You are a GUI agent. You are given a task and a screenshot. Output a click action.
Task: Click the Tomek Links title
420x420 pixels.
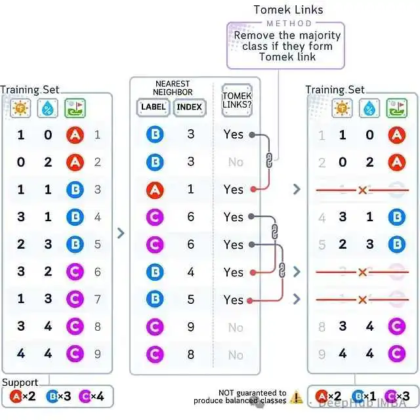pyautogui.click(x=289, y=9)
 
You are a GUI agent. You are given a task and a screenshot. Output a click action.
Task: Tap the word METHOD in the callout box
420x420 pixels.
pyautogui.click(x=287, y=24)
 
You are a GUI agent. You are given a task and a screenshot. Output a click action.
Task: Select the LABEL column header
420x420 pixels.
pyautogui.click(x=154, y=108)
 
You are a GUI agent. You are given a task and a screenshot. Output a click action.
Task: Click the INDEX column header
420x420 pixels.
pyautogui.click(x=190, y=108)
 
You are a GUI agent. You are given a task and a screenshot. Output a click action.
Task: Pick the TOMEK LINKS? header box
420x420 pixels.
pyautogui.click(x=238, y=100)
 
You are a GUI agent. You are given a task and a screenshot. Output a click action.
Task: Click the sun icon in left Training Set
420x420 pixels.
pyautogui.click(x=20, y=108)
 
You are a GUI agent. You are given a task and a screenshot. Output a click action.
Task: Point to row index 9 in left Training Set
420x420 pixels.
pyautogui.click(x=98, y=354)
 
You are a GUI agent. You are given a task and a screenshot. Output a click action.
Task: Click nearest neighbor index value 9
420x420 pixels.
pyautogui.click(x=190, y=327)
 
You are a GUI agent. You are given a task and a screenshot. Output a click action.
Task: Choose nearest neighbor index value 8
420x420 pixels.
pyautogui.click(x=190, y=354)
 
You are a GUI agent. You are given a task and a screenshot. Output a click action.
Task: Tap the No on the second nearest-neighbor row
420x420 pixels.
pyautogui.click(x=236, y=162)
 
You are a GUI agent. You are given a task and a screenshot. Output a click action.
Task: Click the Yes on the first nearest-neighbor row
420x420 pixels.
pyautogui.click(x=233, y=135)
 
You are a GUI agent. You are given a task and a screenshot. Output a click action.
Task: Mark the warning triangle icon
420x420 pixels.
pyautogui.click(x=297, y=396)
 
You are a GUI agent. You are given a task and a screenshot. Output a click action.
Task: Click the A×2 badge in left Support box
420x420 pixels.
pyautogui.click(x=24, y=396)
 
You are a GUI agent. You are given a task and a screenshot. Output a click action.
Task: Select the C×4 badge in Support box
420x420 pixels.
pyautogui.click(x=91, y=396)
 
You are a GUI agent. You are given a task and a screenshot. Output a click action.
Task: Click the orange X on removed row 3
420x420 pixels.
pyautogui.click(x=362, y=190)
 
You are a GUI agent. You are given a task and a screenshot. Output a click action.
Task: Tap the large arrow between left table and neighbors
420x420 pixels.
pyautogui.click(x=121, y=232)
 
